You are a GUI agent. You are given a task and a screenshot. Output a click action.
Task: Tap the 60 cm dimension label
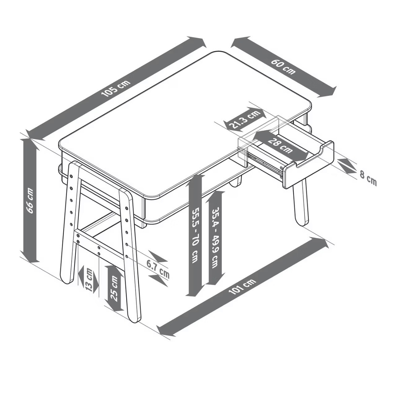(x=283, y=67)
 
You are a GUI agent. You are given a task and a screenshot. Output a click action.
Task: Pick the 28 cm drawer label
(x=280, y=146)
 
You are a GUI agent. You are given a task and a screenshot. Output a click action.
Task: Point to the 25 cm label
(x=114, y=289)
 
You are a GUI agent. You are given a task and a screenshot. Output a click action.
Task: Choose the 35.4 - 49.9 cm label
(x=215, y=238)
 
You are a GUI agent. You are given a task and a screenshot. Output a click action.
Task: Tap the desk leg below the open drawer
(x=300, y=202)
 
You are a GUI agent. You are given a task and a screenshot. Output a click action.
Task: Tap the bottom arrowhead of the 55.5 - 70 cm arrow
(x=195, y=291)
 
